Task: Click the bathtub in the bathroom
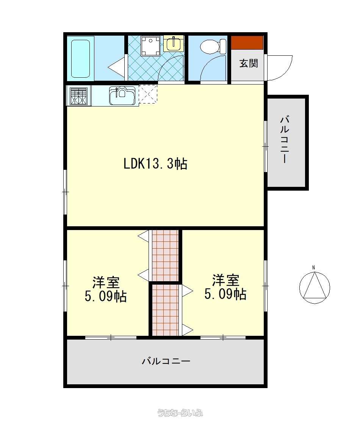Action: coord(80,59)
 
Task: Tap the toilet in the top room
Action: coord(213,47)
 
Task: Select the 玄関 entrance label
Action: coord(249,63)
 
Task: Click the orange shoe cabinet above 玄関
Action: coord(247,43)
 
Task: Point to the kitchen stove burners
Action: coord(79,96)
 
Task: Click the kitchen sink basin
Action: coord(122,96)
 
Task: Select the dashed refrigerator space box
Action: coord(148,94)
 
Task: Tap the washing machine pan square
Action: coord(150,47)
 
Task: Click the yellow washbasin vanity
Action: coord(174,44)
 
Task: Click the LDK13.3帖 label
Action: coord(155,164)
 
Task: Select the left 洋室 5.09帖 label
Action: coord(106,289)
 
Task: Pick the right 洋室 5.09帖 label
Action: coord(225,287)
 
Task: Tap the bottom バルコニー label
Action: coord(166,361)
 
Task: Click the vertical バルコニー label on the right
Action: coord(285,139)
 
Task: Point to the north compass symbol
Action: coord(315,285)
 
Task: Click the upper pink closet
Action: coord(165,255)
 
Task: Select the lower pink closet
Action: coord(165,310)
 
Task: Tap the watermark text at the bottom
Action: coord(180,413)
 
